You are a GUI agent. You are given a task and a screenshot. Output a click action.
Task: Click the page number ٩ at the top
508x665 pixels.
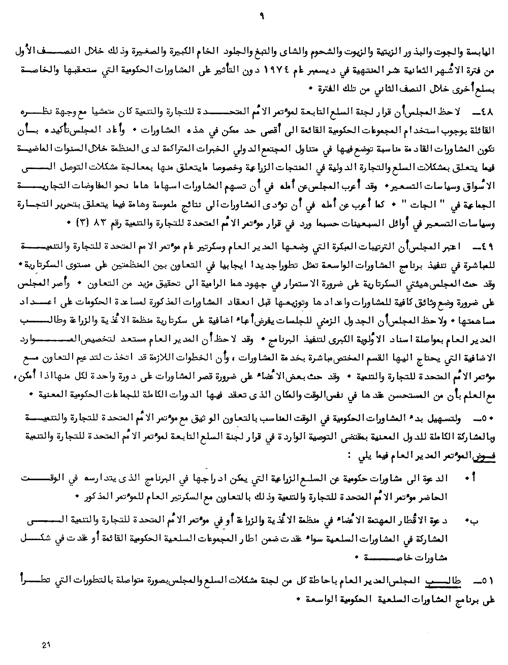(262, 17)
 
